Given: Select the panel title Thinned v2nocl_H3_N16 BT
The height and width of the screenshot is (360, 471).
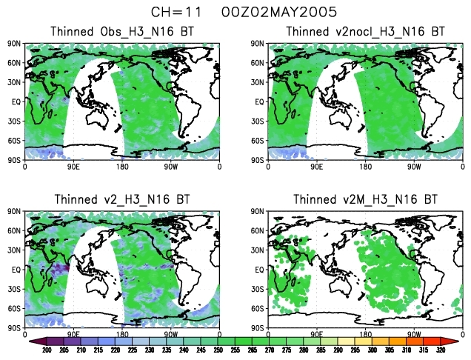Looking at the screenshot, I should pos(365,32).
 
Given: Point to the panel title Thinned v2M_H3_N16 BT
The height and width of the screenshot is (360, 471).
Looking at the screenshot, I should pos(365,200).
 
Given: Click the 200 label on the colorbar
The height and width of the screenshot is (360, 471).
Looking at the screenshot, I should pos(46,350).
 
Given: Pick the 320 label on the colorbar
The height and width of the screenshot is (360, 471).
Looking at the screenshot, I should pos(441,350).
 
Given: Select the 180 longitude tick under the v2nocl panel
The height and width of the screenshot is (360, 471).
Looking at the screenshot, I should pos(365,167).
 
